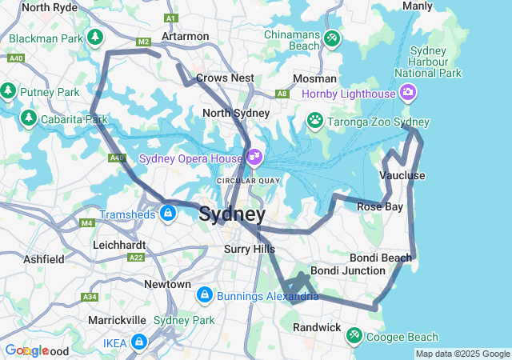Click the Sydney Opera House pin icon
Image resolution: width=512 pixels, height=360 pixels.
click(x=254, y=156)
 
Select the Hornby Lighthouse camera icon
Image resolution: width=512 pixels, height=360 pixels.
click(x=408, y=94)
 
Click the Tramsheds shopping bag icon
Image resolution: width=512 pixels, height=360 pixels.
click(x=167, y=214)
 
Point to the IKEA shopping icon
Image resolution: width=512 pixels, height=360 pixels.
click(x=139, y=342)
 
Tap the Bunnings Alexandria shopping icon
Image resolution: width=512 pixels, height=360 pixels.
click(x=205, y=296)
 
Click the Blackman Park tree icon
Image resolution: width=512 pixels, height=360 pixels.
click(x=95, y=38)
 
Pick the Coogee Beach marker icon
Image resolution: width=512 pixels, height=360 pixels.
click(x=355, y=337)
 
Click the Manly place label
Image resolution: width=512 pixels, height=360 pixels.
click(x=417, y=6)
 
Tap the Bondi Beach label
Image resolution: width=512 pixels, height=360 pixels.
click(x=381, y=258)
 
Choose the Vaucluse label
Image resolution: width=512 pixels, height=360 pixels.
click(x=402, y=175)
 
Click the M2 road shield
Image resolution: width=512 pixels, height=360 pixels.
click(x=143, y=42)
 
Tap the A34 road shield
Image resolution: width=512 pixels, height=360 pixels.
click(x=90, y=297)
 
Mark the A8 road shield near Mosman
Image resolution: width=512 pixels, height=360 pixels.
click(x=282, y=94)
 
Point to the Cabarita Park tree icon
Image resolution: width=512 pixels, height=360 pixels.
click(x=29, y=119)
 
